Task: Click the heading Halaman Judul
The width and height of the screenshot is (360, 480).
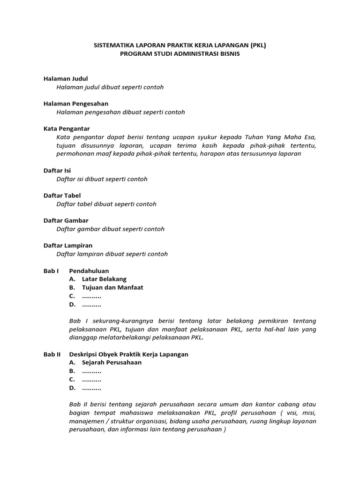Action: click(x=66, y=79)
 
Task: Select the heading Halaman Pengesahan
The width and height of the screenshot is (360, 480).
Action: click(x=76, y=104)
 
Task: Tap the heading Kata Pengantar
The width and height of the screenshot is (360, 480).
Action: click(x=67, y=128)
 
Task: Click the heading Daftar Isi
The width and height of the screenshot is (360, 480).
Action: click(x=57, y=171)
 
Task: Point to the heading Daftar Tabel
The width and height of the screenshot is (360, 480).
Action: click(x=62, y=195)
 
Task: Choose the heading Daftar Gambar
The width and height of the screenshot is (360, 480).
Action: click(x=66, y=220)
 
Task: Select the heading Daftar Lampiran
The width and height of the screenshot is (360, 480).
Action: click(x=68, y=245)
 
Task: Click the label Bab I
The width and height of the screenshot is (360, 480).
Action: click(x=51, y=270)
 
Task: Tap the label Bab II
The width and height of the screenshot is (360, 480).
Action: click(x=52, y=354)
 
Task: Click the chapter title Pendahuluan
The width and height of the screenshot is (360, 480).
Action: click(x=89, y=270)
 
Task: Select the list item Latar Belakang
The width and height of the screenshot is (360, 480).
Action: click(x=104, y=279)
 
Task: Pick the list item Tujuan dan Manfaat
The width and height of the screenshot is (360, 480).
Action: click(x=112, y=287)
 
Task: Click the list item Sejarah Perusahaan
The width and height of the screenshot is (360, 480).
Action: click(x=112, y=362)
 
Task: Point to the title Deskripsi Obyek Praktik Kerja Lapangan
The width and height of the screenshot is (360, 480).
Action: click(x=128, y=354)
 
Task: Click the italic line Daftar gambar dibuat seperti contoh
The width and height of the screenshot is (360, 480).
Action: click(x=110, y=229)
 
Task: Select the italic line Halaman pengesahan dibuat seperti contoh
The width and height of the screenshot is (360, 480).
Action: click(x=120, y=112)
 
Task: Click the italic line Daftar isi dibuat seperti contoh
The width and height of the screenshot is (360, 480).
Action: click(x=102, y=179)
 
